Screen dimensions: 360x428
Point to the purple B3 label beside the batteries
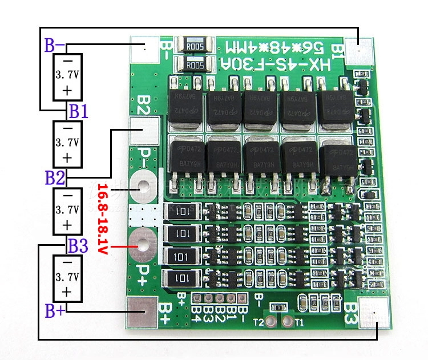(x=78, y=246)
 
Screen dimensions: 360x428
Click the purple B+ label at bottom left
(x=55, y=312)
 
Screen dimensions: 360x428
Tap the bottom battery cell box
(x=67, y=278)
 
